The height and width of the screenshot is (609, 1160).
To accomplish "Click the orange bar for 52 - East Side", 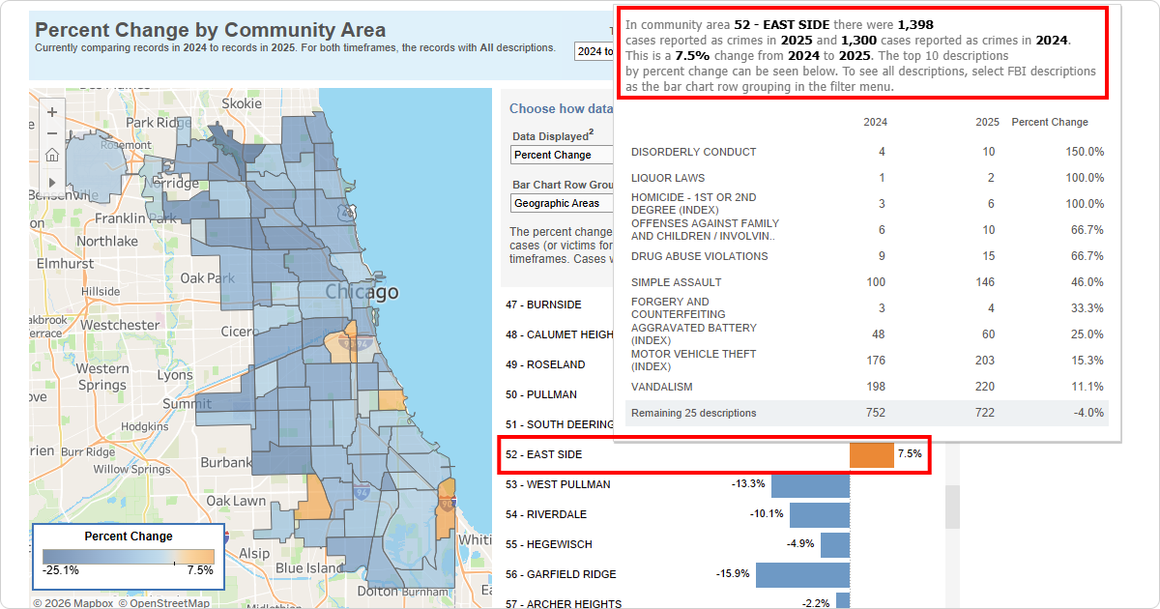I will point(871,454).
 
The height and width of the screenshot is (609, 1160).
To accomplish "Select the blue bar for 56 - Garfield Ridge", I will point(802,575).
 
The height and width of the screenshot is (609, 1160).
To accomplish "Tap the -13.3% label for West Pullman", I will point(748,484).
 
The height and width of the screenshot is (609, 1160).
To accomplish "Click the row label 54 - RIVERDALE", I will point(546,514).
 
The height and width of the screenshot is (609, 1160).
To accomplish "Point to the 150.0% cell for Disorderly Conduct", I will point(1085,152).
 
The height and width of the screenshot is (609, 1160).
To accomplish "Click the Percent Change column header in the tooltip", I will point(1049,122).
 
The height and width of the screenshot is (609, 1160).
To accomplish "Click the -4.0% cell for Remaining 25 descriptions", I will point(1088,413).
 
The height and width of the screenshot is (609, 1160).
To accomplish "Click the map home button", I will point(52,155).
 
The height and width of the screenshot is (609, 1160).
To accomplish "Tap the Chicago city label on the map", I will point(362,292).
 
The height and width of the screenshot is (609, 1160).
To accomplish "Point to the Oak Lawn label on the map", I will point(236,501).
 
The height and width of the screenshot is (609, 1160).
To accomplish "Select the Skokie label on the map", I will point(242,103).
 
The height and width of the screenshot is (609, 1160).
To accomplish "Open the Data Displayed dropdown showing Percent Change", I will point(563,155).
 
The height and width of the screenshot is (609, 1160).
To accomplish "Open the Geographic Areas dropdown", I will point(563,203).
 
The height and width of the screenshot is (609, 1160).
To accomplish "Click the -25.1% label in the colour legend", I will point(61,570).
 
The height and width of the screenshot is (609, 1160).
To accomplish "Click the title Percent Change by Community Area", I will point(210,30).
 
